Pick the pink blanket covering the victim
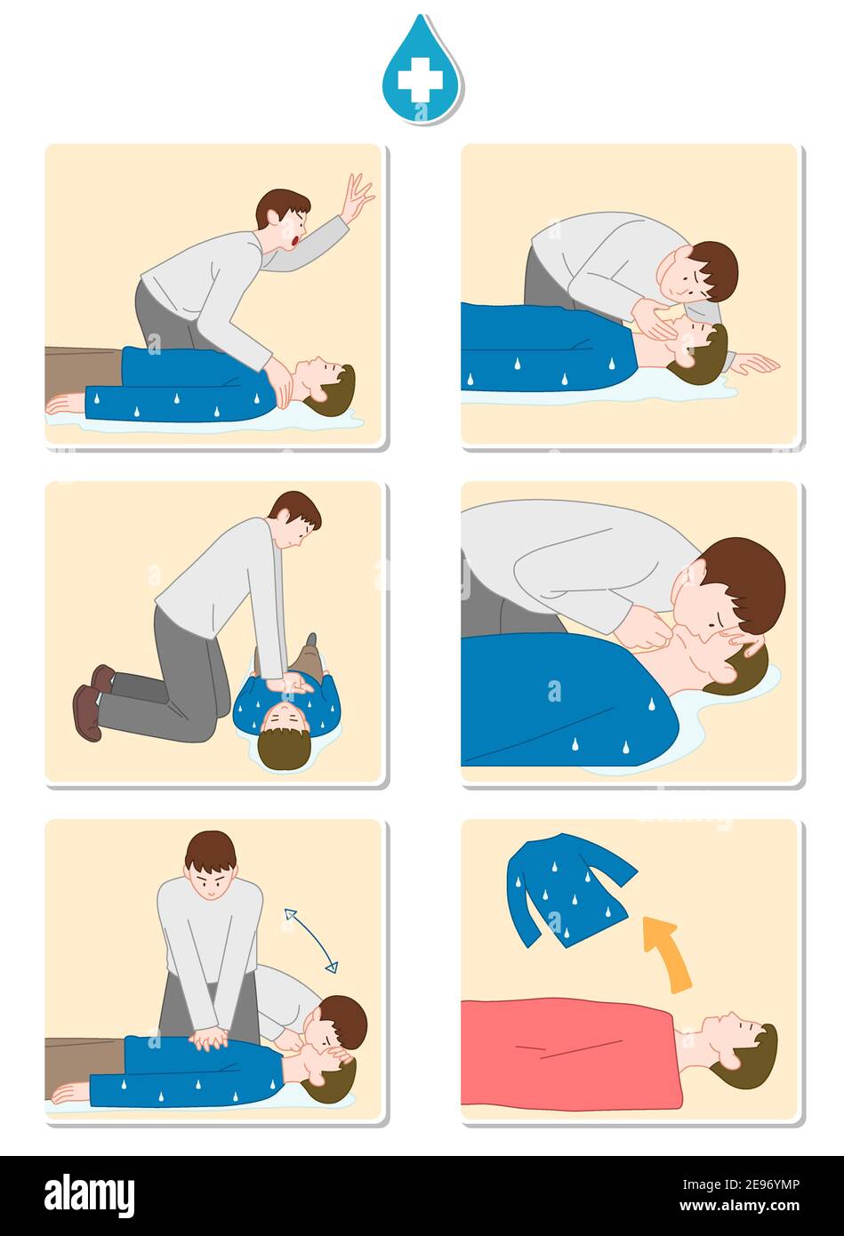569,1053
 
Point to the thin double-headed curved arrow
310,940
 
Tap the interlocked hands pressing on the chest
210,1038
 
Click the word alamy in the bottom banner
89,1195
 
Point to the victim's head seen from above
285,740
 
